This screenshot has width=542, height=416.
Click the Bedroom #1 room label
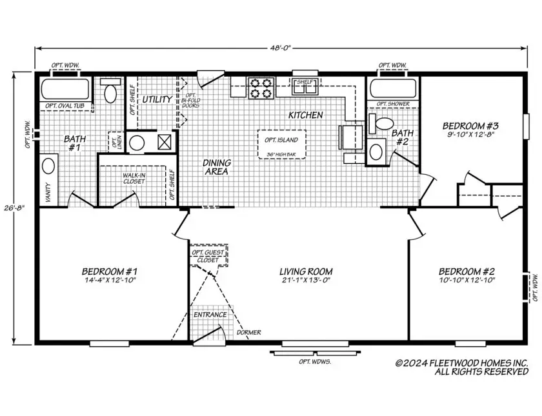(109, 275)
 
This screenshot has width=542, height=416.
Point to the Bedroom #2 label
(467, 275)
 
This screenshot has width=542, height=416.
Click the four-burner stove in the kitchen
(261, 88)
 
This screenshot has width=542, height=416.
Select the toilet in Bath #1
(110, 94)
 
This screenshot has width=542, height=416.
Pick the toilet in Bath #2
(384, 123)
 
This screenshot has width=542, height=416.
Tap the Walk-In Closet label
(134, 178)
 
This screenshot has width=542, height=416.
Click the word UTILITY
(157, 99)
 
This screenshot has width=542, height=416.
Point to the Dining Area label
(217, 167)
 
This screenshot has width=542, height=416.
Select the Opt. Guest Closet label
(208, 256)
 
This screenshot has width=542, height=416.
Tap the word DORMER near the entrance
(249, 332)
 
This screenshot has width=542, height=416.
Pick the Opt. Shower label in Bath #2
(392, 104)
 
